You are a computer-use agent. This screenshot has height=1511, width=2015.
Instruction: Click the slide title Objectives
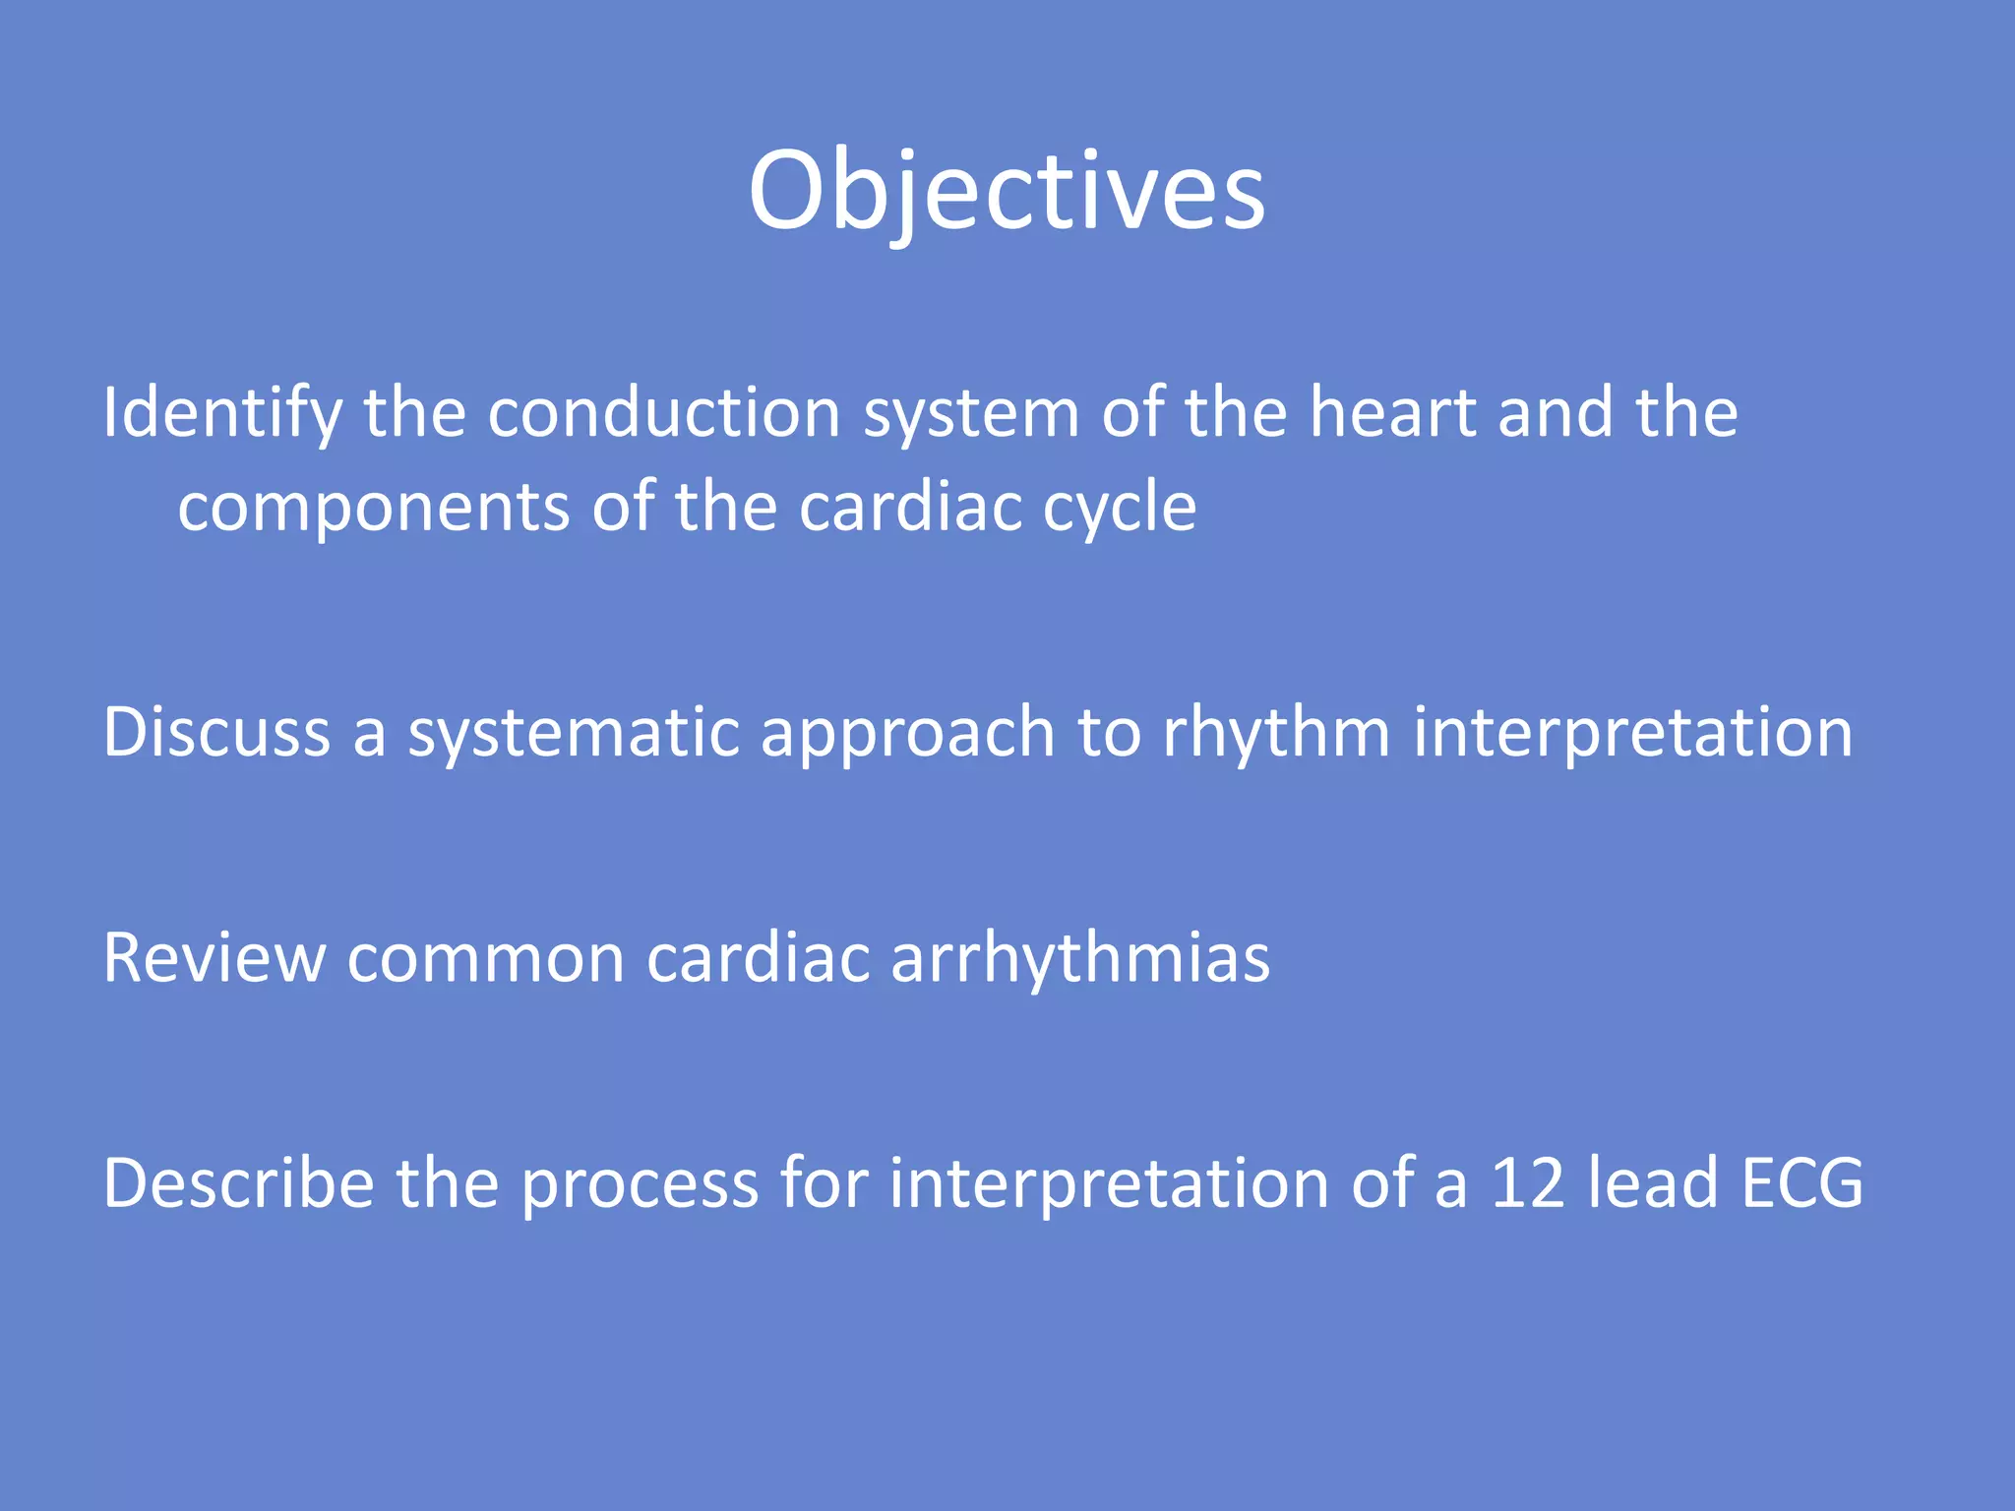pyautogui.click(x=1007, y=191)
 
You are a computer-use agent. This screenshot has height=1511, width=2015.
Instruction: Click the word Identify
pyautogui.click(x=222, y=413)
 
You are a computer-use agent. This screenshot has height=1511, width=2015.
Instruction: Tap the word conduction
pyautogui.click(x=663, y=413)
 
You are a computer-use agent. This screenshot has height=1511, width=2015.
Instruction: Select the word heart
pyautogui.click(x=1391, y=413)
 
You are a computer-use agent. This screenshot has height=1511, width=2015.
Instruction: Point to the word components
pyautogui.click(x=374, y=509)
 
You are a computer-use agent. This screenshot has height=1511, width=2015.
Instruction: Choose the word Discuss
pyautogui.click(x=216, y=733)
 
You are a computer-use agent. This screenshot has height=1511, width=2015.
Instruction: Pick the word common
pyautogui.click(x=486, y=960)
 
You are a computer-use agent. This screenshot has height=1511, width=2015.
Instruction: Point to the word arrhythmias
pyautogui.click(x=1079, y=960)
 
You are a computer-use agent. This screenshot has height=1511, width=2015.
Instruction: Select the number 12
pyautogui.click(x=1527, y=1183)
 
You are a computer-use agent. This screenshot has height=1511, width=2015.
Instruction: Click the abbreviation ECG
pyautogui.click(x=1802, y=1183)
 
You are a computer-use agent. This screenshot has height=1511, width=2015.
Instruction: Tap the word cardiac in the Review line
pyautogui.click(x=758, y=958)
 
